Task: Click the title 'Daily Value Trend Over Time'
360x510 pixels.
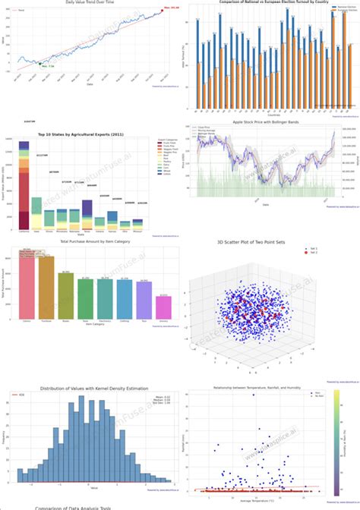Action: (90, 3)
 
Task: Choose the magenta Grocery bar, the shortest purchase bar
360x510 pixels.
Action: (163, 307)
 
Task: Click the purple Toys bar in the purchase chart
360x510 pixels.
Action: (143, 299)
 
